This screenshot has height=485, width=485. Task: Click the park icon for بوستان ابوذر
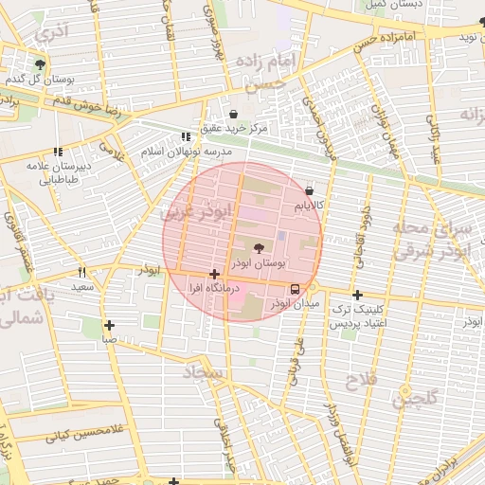tap(260, 247)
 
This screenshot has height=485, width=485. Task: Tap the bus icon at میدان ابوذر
tap(295, 289)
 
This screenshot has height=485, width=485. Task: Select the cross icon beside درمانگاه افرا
tap(215, 273)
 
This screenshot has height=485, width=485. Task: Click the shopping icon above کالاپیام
tap(310, 190)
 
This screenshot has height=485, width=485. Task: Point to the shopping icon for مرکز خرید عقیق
tap(233, 114)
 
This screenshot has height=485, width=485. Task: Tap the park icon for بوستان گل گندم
tap(40, 64)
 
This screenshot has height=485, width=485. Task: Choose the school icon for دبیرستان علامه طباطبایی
tap(58, 151)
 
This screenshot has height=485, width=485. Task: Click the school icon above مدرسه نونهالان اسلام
tap(186, 136)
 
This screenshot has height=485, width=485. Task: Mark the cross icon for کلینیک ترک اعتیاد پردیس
tap(357, 294)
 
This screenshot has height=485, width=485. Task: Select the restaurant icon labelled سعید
tap(82, 272)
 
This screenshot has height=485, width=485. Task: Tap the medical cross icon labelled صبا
tap(110, 324)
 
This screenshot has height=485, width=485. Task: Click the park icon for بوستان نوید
tap(481, 22)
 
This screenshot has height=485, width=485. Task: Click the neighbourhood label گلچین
tap(417, 398)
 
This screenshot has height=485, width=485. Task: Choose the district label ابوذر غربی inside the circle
tap(195, 214)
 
